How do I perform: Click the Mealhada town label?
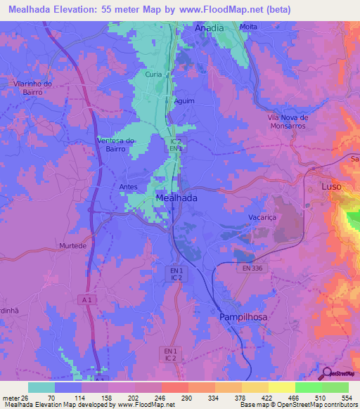point(175,199)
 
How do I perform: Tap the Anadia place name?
point(209,28)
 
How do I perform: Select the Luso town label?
point(330,188)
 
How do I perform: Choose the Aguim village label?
point(184,100)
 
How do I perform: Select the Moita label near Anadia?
point(248,27)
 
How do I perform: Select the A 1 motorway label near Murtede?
point(87,300)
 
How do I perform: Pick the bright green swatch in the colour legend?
point(308,387)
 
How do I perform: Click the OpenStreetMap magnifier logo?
point(325,372)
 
